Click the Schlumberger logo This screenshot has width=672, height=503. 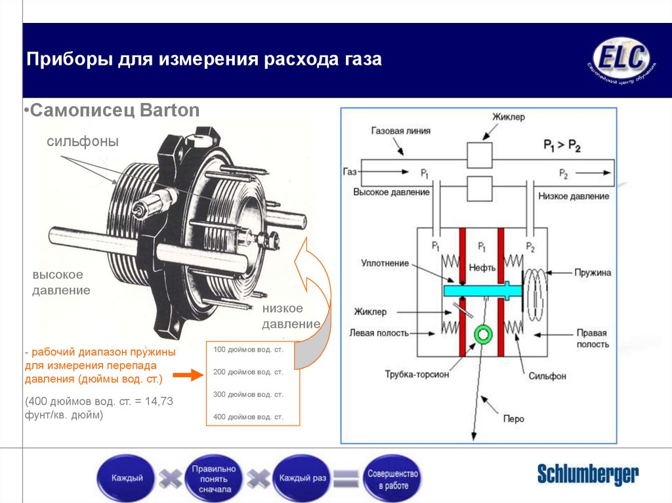point(587,473)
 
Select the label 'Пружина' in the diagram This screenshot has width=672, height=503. point(593,271)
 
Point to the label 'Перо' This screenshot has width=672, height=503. point(513,418)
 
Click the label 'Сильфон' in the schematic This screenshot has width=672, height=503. point(547,376)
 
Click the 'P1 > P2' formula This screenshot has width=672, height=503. point(562,145)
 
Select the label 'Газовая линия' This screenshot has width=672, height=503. point(401,131)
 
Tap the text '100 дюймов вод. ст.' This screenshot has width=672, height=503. point(248,350)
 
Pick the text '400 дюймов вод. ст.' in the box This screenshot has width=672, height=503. point(248,416)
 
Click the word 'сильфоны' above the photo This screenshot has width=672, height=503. point(82,142)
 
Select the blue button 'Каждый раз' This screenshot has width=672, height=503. point(303,478)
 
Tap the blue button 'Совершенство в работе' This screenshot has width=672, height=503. point(393,478)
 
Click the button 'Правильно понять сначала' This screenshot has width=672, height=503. point(213,479)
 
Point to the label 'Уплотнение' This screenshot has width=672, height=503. point(385,263)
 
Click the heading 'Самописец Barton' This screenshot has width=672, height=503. point(115,110)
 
